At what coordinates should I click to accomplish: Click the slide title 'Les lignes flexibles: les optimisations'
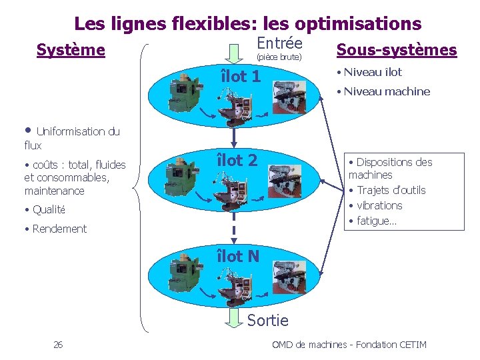click(247, 24)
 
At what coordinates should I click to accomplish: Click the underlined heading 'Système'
click(70, 50)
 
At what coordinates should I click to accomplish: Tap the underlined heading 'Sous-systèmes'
click(397, 50)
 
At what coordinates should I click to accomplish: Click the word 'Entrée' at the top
click(279, 43)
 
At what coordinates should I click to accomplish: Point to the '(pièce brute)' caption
click(279, 57)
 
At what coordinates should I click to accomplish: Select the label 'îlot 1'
click(241, 76)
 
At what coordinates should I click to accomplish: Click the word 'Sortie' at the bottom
click(267, 321)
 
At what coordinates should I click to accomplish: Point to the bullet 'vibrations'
click(379, 205)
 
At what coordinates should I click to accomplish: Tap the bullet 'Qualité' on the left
click(49, 209)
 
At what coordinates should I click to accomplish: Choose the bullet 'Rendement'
click(59, 229)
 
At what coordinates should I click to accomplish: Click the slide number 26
click(58, 345)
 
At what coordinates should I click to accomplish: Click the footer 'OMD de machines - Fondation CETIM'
click(349, 345)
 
